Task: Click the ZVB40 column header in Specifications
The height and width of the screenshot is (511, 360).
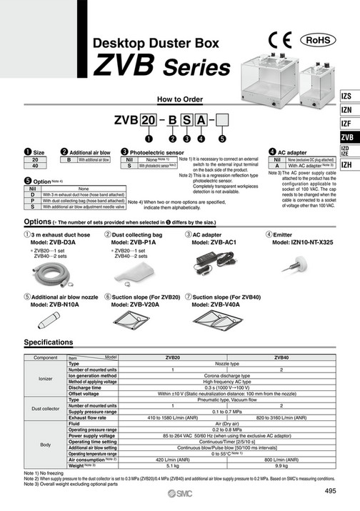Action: (x=281, y=357)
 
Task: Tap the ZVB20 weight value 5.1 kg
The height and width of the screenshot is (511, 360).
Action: (x=172, y=465)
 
